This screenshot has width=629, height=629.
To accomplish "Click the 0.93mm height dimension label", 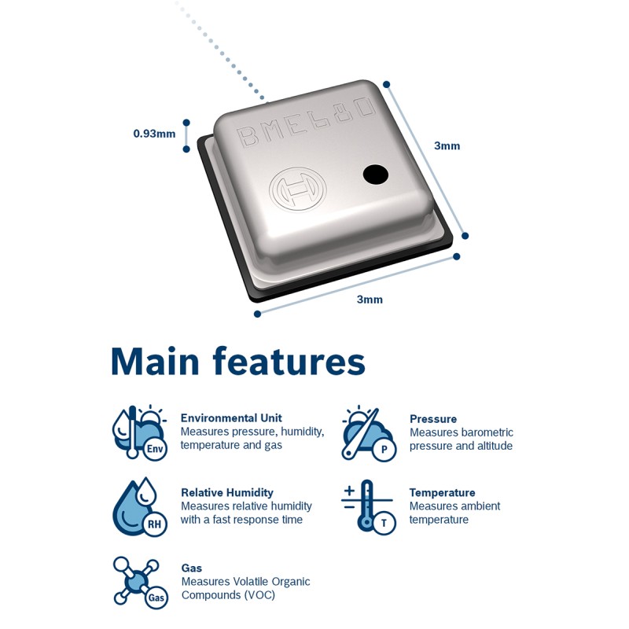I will pyautogui.click(x=154, y=134).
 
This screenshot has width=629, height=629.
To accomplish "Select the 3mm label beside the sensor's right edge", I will pyautogui.click(x=447, y=145).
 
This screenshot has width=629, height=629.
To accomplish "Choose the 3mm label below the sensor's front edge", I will pyautogui.click(x=370, y=300).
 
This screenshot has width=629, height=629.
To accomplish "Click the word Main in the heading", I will pyautogui.click(x=156, y=362).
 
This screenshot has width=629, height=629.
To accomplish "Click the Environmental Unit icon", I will pyautogui.click(x=139, y=432).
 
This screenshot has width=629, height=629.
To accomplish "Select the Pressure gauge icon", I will pyautogui.click(x=368, y=434).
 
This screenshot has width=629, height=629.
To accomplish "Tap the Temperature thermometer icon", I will pyautogui.click(x=368, y=507).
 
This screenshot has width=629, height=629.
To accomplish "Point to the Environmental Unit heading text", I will pyautogui.click(x=231, y=418).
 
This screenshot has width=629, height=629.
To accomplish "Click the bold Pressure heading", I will pyautogui.click(x=433, y=419).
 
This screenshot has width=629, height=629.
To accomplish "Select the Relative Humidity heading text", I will pyautogui.click(x=227, y=493).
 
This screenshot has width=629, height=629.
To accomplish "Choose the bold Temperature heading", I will pyautogui.click(x=442, y=493).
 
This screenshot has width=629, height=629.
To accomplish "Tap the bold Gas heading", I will pyautogui.click(x=192, y=568).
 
